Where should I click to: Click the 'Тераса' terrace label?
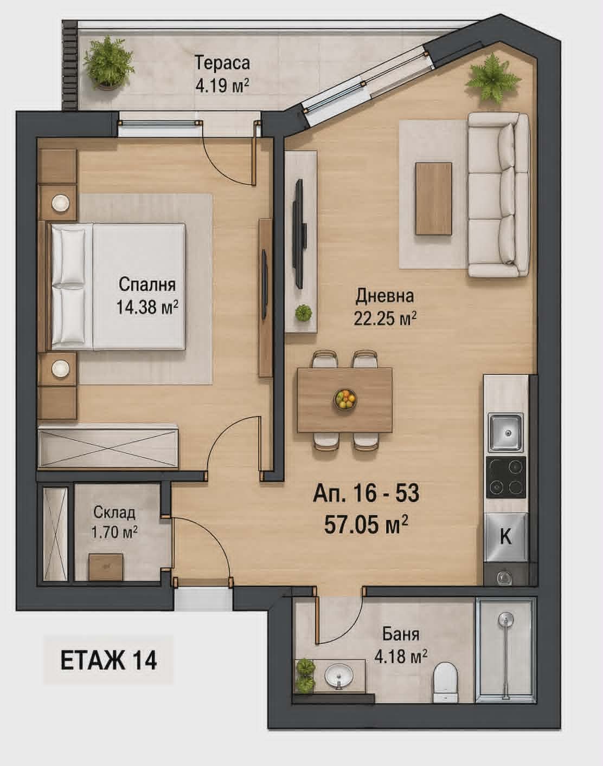[x=222, y=63]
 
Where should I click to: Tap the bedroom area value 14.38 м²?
[x=147, y=308]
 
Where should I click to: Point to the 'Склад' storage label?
[x=114, y=512]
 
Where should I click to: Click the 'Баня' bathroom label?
[x=400, y=634]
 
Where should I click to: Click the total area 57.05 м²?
[x=366, y=524]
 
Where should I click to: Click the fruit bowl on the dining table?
[x=345, y=399]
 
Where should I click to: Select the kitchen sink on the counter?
[x=506, y=432]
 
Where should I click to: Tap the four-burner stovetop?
[x=506, y=477]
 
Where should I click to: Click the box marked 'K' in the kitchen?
[x=505, y=537]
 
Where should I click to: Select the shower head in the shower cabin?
[x=505, y=619]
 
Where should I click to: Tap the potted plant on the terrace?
[x=109, y=63]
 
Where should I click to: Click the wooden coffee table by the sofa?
[x=433, y=198]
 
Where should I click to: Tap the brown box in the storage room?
[x=105, y=567]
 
